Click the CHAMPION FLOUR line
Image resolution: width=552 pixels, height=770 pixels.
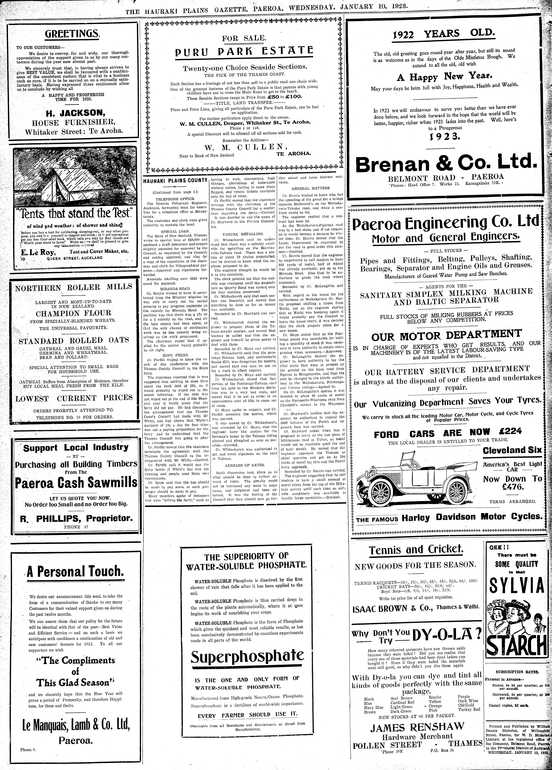73,313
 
